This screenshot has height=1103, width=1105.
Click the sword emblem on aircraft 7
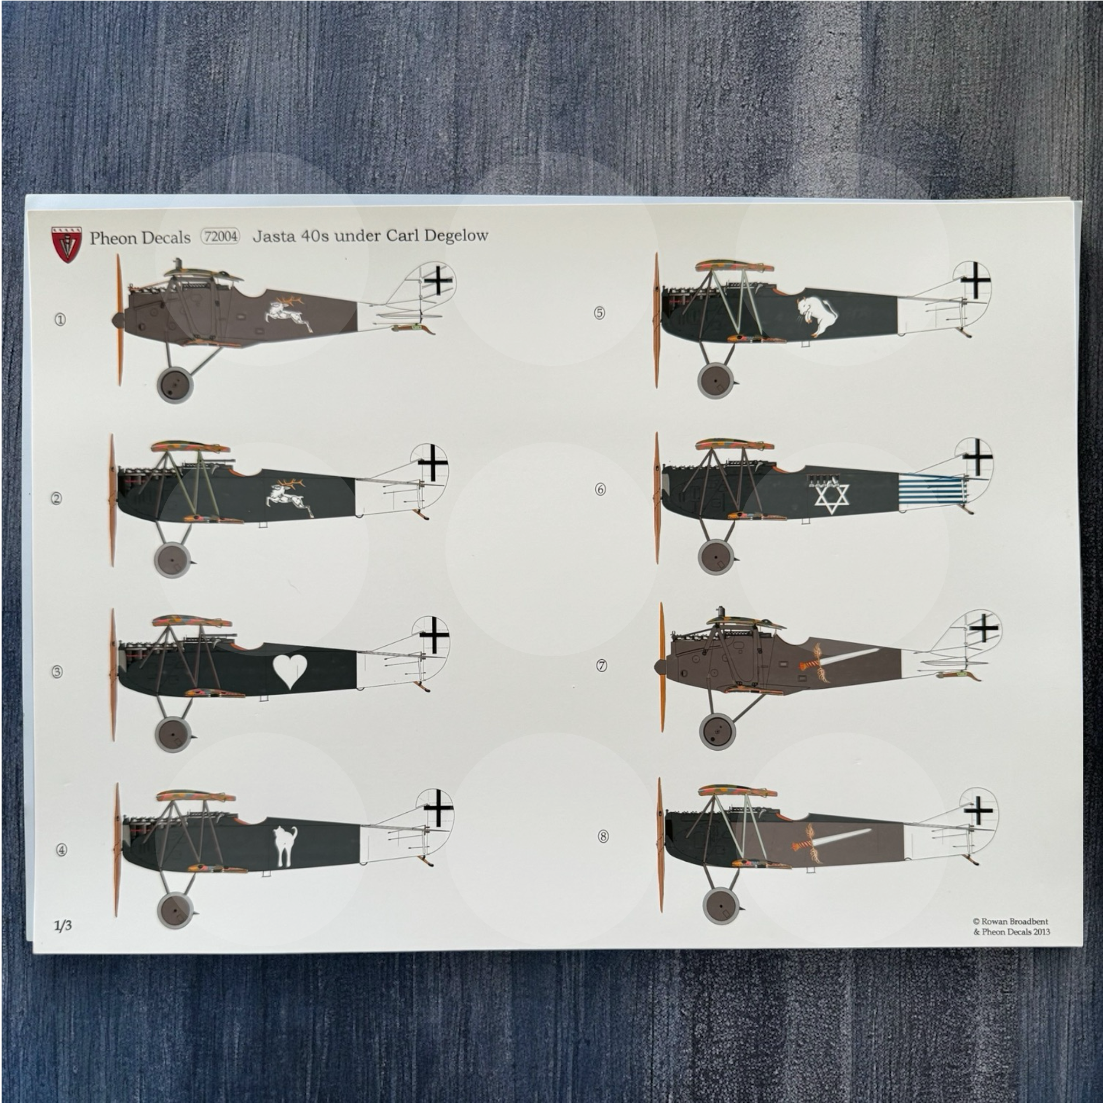pos(836,659)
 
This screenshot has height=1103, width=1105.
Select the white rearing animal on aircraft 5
pos(815,317)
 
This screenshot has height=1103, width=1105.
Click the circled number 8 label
pos(603,836)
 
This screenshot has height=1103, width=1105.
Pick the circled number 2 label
pos(56,499)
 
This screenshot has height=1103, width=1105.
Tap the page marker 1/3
pos(63,926)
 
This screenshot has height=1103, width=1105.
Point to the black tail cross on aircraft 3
pos(434,634)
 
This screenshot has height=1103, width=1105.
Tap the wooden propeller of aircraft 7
pos(663,667)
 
